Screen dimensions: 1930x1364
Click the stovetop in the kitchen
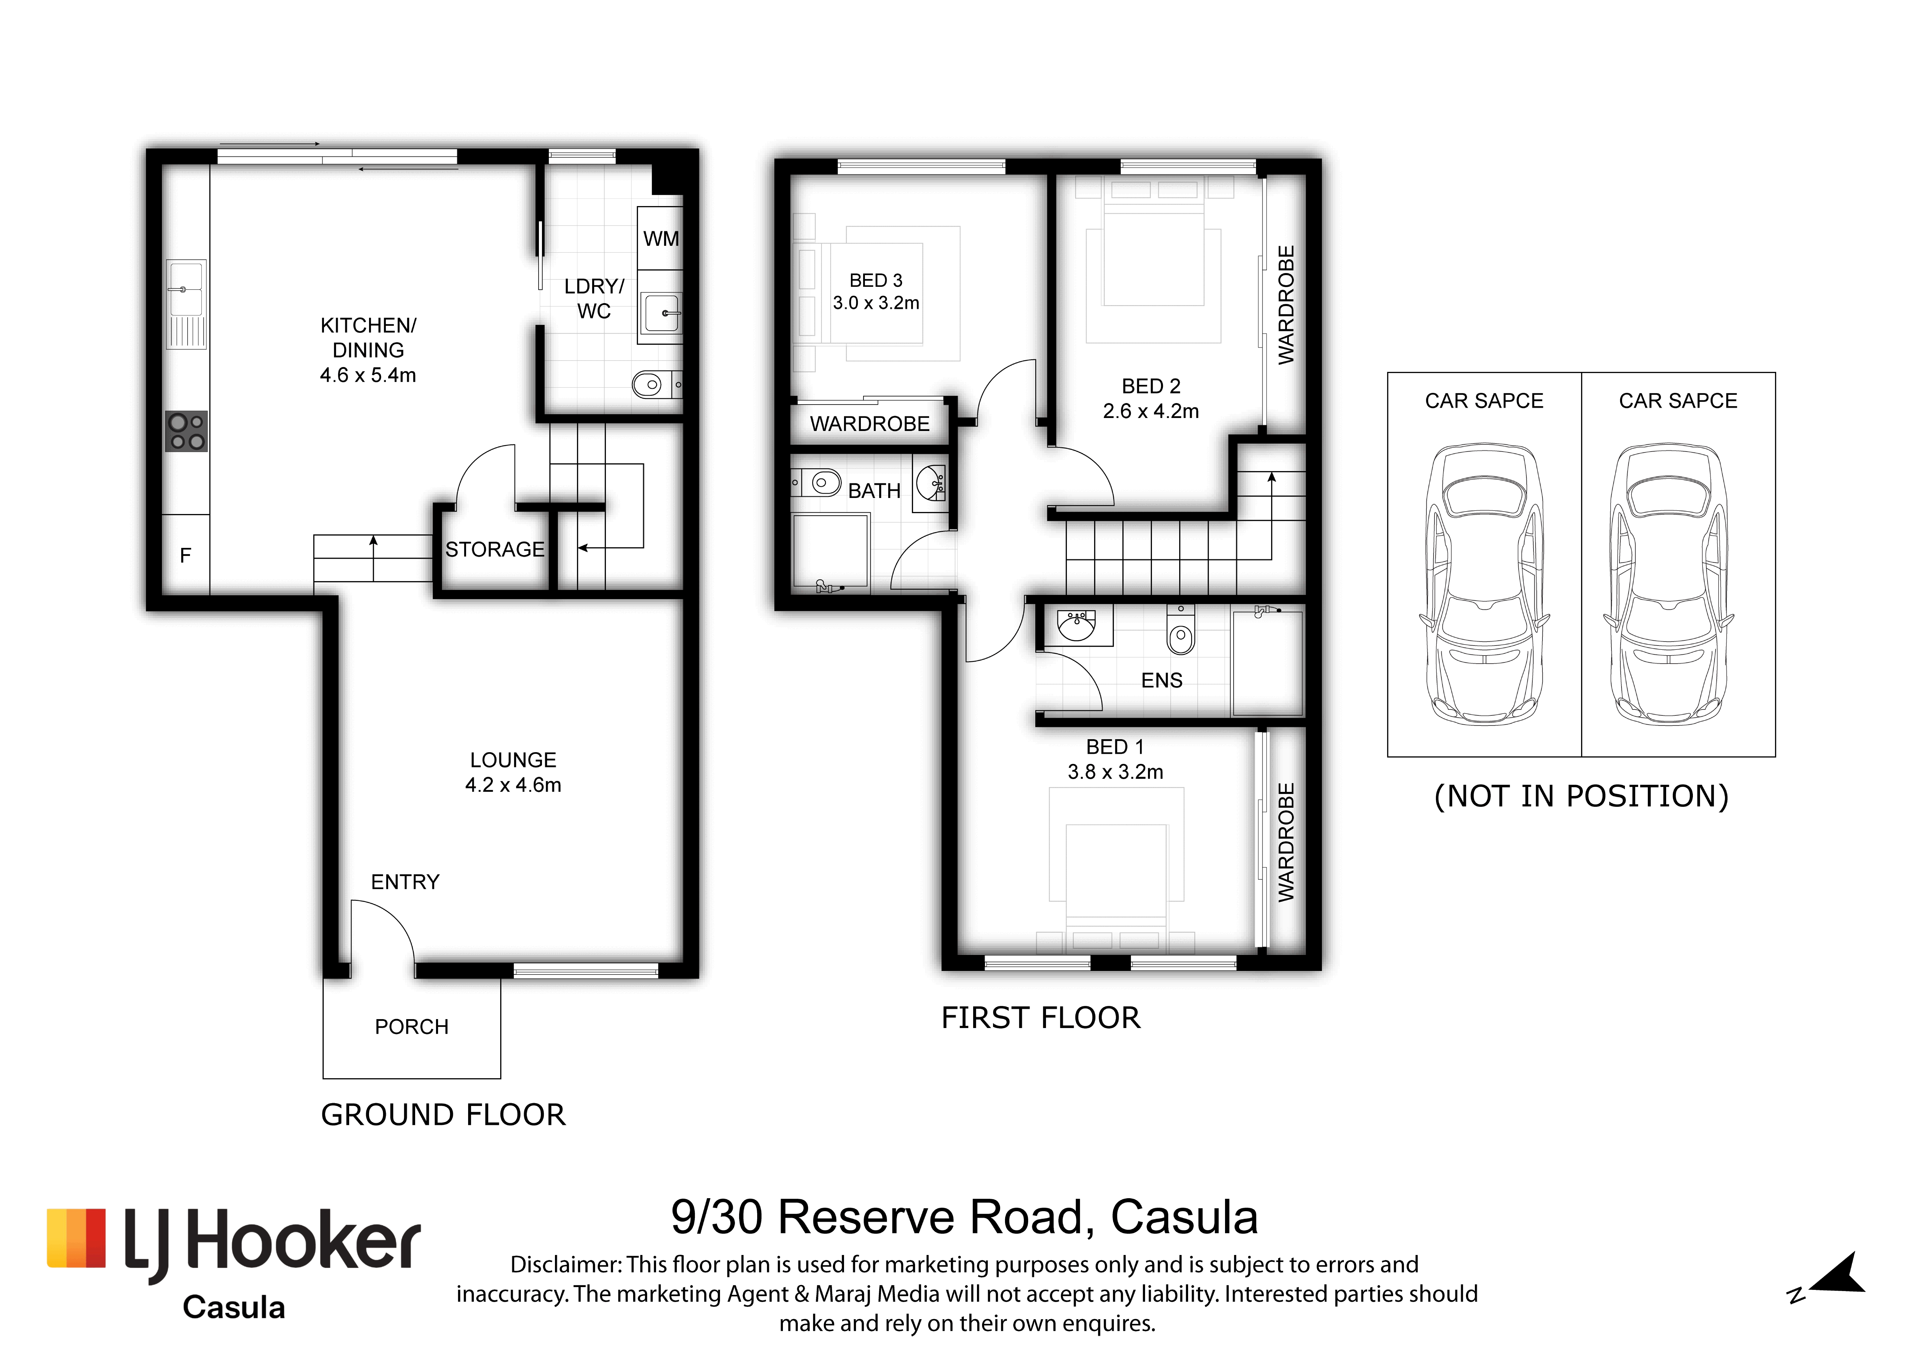(186, 431)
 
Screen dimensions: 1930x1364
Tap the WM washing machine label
(661, 239)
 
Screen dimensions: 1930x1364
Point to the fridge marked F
(186, 555)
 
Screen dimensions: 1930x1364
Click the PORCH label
(412, 1027)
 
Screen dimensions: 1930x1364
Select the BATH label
(874, 491)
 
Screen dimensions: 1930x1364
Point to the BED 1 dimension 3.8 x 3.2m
(1116, 772)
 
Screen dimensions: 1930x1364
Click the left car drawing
(1485, 585)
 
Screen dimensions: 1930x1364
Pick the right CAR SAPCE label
(1678, 401)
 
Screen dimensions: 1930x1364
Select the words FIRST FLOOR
(1041, 1018)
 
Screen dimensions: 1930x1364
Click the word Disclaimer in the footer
(565, 1265)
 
